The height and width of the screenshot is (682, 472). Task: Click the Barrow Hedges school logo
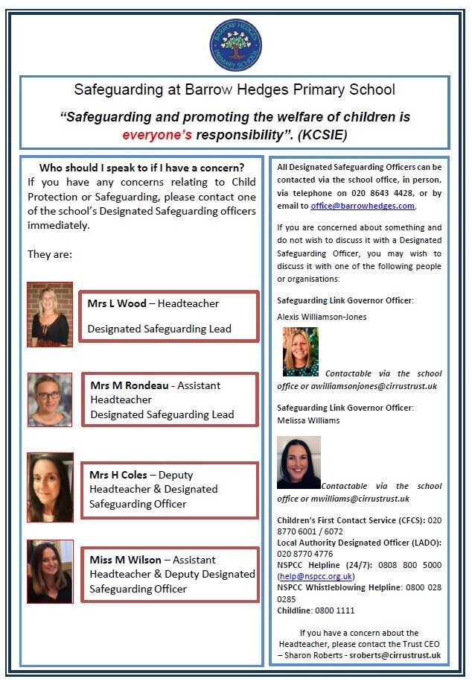(235, 44)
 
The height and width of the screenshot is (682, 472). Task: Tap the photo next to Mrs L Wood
(50, 314)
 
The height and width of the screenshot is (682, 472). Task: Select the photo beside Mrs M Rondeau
(50, 400)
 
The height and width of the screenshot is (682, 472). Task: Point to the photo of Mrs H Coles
(50, 487)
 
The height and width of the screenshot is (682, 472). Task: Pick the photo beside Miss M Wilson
(50, 571)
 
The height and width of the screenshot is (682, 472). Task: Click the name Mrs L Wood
(117, 303)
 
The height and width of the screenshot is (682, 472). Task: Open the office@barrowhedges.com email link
(363, 206)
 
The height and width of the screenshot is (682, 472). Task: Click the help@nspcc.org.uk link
(315, 576)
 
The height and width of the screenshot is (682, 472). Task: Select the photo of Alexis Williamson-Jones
(301, 352)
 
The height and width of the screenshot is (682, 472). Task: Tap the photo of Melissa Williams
(299, 462)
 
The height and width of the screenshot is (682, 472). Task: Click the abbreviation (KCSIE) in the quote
(319, 135)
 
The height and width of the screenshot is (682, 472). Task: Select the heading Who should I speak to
(141, 168)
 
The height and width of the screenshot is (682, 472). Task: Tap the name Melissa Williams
(308, 420)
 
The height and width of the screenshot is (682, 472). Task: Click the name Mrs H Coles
(118, 475)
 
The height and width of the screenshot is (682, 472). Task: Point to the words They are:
(49, 254)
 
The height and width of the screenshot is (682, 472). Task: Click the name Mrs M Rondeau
(129, 385)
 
